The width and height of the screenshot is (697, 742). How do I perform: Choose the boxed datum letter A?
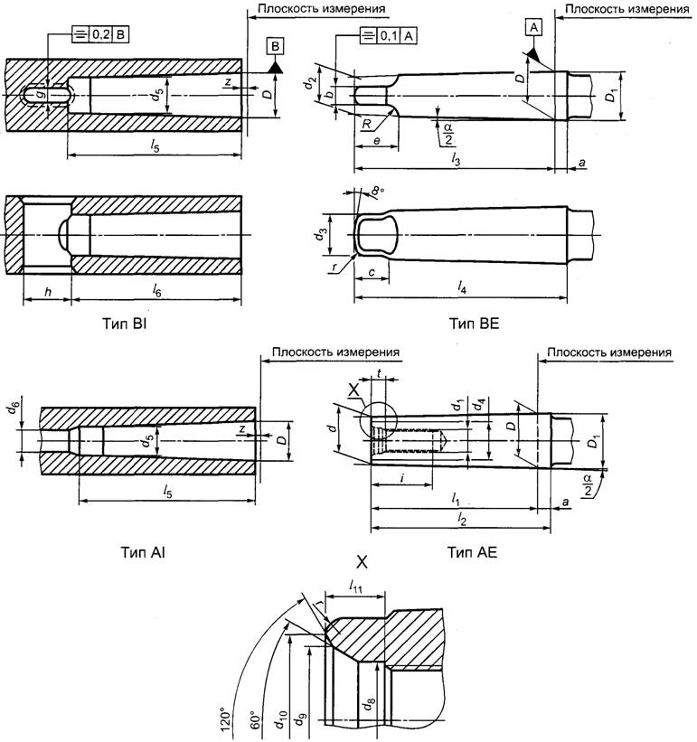pyautogui.click(x=535, y=28)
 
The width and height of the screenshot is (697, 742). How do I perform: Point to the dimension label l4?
pyautogui.click(x=464, y=287)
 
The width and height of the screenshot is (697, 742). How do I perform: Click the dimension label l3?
pyautogui.click(x=456, y=159)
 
